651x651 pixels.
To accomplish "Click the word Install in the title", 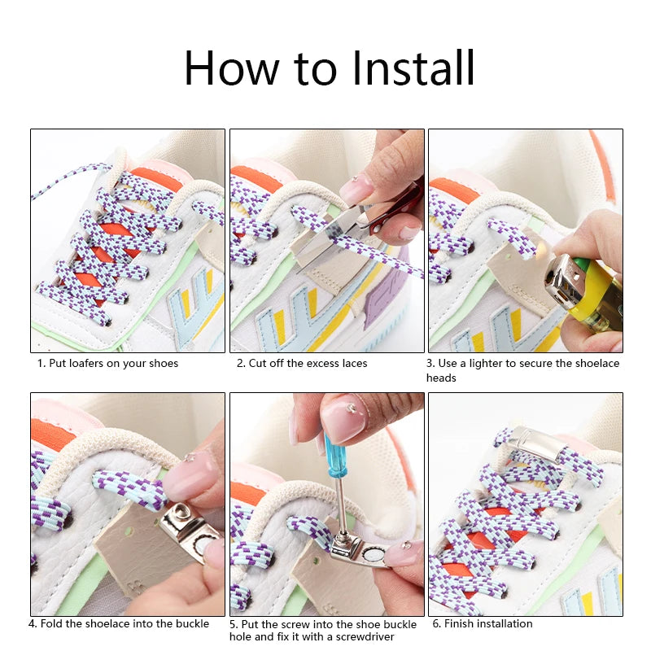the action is pyautogui.click(x=413, y=68).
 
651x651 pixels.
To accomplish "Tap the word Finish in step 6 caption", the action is pyautogui.click(x=459, y=623).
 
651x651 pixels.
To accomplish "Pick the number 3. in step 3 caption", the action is pyautogui.click(x=430, y=364).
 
